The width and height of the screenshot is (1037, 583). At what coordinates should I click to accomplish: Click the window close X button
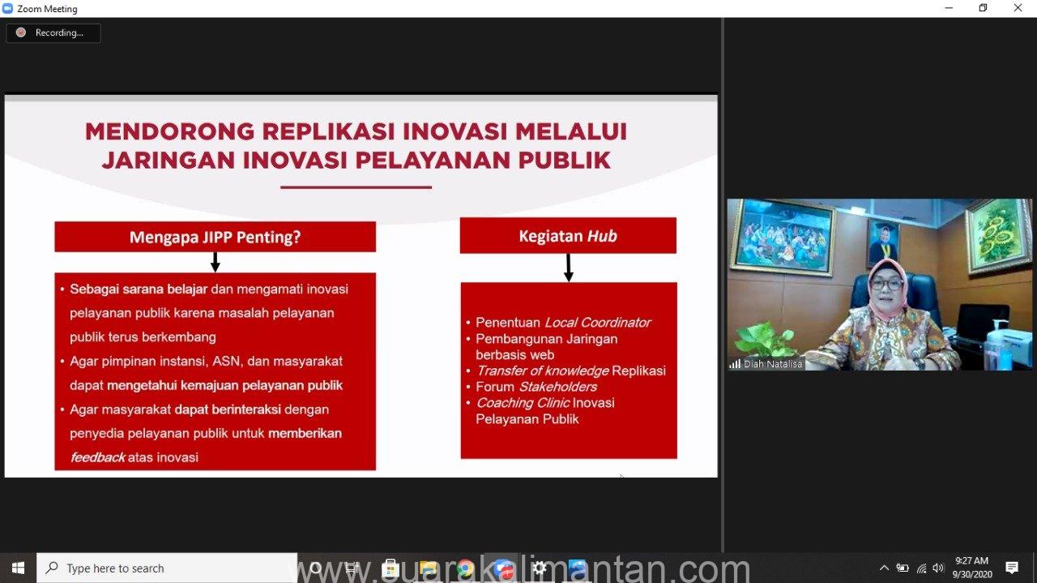pos(1018,8)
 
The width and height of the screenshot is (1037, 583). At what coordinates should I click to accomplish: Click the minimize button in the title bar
pos(949,8)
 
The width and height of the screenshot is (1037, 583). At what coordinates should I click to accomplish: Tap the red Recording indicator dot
pos(21,32)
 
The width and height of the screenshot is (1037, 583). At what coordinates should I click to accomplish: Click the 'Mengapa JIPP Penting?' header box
pos(216,237)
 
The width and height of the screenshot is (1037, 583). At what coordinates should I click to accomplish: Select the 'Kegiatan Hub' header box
pos(568,236)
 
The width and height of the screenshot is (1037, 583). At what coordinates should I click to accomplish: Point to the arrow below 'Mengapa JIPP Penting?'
pos(216,262)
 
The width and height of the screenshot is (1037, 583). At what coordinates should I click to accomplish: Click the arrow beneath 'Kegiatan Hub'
pos(569,268)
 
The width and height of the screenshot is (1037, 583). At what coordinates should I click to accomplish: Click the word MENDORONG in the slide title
pos(170,131)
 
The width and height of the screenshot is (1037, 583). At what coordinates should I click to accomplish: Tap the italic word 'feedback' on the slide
pos(98,457)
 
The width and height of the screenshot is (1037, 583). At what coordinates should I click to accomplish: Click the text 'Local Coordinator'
pos(598,323)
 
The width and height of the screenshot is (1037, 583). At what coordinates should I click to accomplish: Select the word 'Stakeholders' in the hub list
pos(558,387)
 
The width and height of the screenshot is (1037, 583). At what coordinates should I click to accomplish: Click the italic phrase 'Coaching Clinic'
pos(523,403)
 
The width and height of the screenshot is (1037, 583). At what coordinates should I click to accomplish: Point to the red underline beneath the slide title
pos(356,187)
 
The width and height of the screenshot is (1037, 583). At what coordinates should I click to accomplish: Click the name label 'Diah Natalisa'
pos(772,364)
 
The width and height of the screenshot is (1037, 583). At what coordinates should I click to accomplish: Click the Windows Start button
pos(18,568)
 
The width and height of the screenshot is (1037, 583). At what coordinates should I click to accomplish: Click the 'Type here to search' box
pos(167,568)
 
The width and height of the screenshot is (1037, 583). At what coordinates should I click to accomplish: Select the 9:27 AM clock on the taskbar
pos(971,561)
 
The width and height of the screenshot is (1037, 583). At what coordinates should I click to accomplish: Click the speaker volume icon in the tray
pos(938,568)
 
